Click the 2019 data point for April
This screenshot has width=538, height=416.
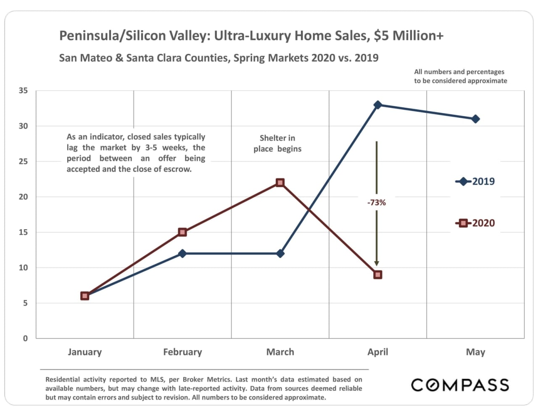pyautogui.click(x=377, y=105)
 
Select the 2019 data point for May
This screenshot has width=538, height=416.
pyautogui.click(x=475, y=119)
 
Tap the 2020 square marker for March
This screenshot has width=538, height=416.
pyautogui.click(x=280, y=183)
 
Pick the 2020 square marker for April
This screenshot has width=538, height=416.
pyautogui.click(x=377, y=275)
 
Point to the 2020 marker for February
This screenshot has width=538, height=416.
pyautogui.click(x=182, y=232)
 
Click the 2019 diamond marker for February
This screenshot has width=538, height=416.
pyautogui.click(x=182, y=254)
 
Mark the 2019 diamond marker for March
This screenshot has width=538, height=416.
pyautogui.click(x=280, y=254)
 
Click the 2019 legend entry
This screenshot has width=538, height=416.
pyautogui.click(x=475, y=182)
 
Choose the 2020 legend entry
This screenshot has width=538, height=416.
pyautogui.click(x=475, y=223)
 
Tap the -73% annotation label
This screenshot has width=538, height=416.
pyautogui.click(x=376, y=203)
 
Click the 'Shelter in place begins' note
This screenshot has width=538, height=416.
pyautogui.click(x=277, y=143)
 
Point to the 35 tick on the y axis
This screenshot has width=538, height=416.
pyautogui.click(x=23, y=91)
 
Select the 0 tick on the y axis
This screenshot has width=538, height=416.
pyautogui.click(x=25, y=338)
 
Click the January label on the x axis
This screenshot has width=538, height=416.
pyautogui.click(x=85, y=352)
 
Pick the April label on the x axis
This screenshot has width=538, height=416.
pyautogui.click(x=377, y=352)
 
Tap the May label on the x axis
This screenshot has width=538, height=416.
pyautogui.click(x=475, y=352)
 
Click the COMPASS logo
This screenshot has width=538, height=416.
pyautogui.click(x=460, y=385)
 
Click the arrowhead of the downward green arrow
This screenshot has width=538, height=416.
pyautogui.click(x=377, y=263)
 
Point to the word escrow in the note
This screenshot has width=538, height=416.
pyautogui.click(x=178, y=169)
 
